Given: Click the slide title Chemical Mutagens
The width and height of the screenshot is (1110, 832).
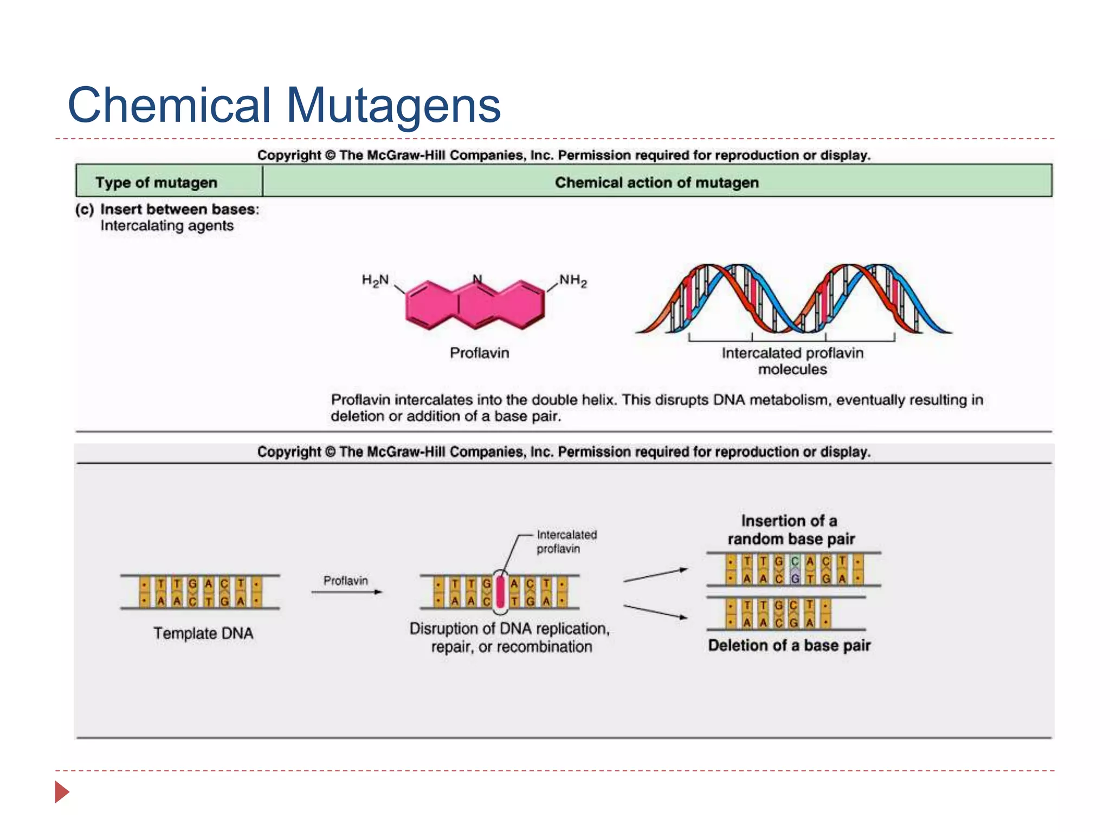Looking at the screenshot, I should [x=283, y=105].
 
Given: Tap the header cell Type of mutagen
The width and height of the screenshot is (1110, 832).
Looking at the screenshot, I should [x=156, y=183].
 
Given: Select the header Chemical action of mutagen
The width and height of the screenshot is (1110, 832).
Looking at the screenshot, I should [x=656, y=183].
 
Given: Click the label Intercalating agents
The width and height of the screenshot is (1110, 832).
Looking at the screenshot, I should [x=167, y=226].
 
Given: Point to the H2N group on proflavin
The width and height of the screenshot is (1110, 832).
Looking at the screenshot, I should [x=375, y=281].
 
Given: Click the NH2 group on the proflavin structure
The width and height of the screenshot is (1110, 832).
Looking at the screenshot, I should [x=573, y=281].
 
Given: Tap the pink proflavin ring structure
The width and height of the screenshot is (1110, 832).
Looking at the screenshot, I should [x=475, y=304].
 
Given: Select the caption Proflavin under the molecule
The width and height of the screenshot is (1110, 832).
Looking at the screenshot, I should [x=479, y=353].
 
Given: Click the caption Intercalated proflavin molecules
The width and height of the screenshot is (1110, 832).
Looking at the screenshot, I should [x=792, y=361].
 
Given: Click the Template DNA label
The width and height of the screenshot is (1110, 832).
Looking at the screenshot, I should [x=203, y=633].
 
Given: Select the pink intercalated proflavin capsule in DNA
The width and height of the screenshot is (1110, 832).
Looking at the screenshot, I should [x=500, y=593].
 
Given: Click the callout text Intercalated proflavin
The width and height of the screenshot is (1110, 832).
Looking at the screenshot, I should [x=566, y=542].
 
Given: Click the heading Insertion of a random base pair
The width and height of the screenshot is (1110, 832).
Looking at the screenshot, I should [x=791, y=530].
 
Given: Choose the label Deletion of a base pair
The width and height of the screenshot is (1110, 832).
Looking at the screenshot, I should [x=789, y=646].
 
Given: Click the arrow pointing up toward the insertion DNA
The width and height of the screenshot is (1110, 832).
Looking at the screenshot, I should [x=655, y=575].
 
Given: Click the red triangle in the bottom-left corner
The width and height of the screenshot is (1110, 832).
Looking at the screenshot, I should [x=62, y=792].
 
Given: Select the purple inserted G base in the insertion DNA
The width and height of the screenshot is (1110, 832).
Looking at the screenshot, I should [x=795, y=578].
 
